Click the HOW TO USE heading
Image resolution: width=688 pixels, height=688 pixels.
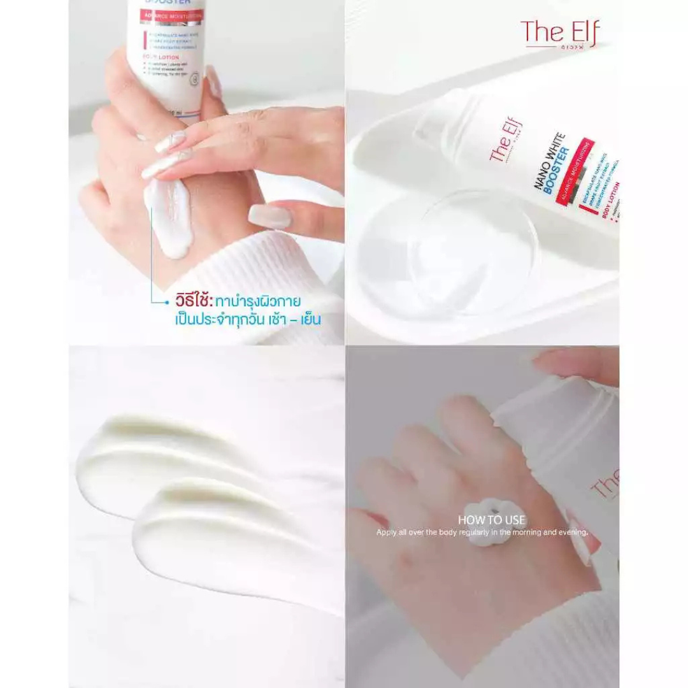coord(491,520)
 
